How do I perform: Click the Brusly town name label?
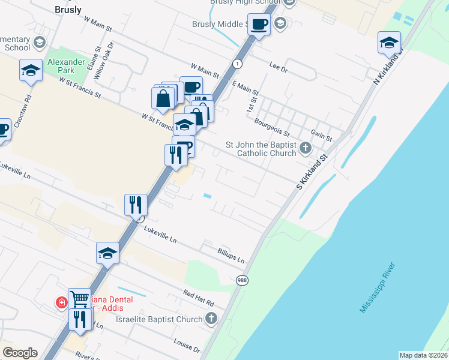[68, 10]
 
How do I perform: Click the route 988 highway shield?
[242, 281]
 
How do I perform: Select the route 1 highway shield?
[238, 63]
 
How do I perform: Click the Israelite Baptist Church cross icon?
[211, 319]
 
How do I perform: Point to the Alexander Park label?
[62, 65]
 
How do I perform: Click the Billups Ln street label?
[231, 256]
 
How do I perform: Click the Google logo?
[20, 353]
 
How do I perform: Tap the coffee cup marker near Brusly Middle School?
[259, 25]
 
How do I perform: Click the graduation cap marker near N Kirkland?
[389, 43]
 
